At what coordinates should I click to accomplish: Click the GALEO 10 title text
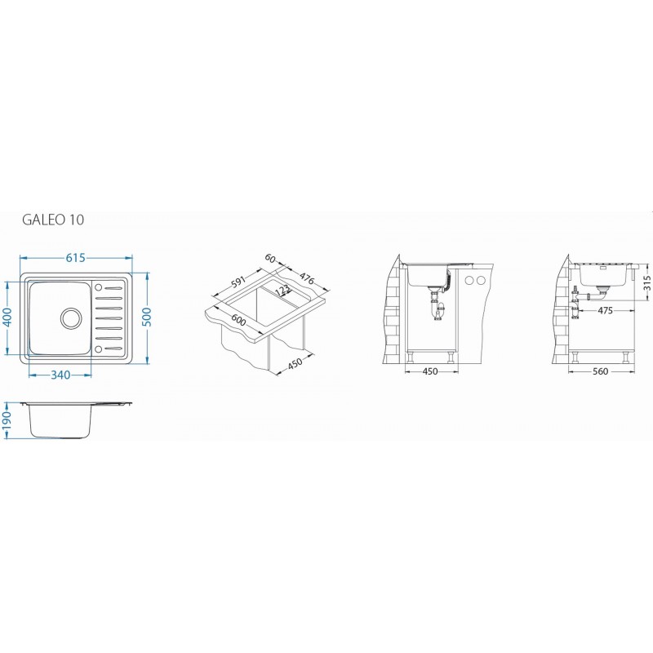click(53, 220)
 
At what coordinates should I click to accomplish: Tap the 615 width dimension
click(75, 258)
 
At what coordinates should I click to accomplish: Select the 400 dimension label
click(8, 318)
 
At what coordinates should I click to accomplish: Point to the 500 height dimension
click(147, 318)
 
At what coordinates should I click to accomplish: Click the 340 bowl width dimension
click(60, 375)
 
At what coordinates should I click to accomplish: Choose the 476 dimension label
click(306, 278)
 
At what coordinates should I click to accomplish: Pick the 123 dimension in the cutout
click(282, 291)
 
